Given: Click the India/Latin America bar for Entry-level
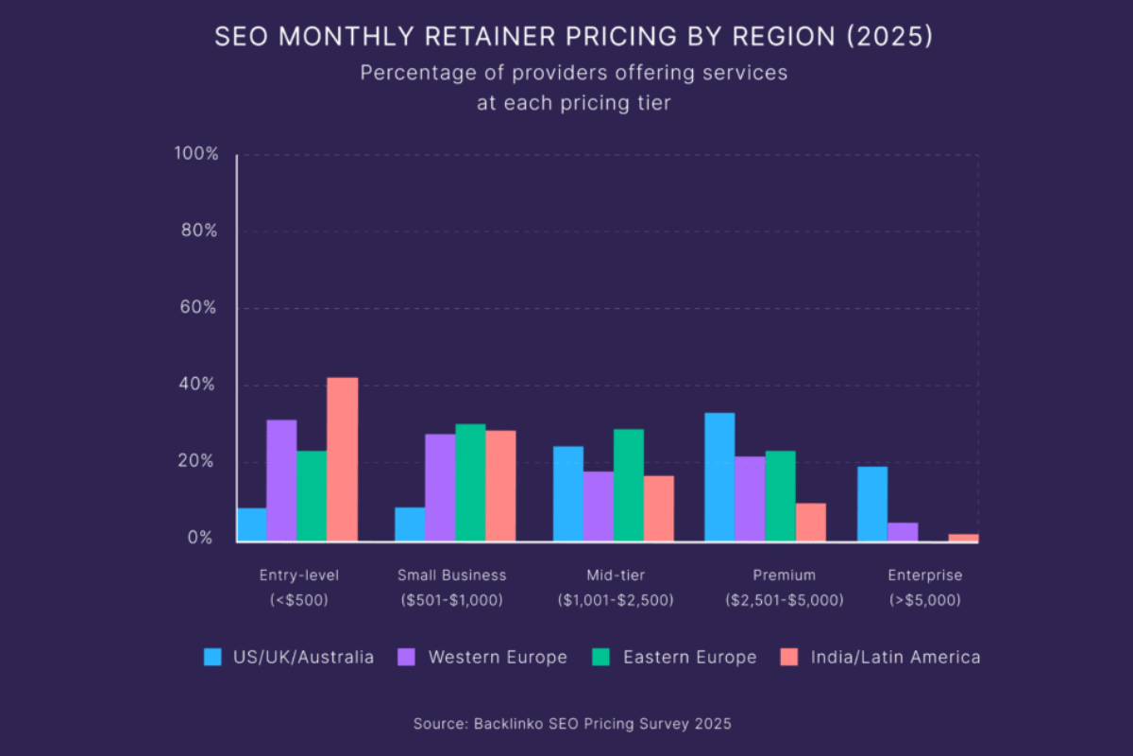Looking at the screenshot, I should pyautogui.click(x=342, y=459).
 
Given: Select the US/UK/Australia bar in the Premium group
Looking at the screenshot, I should pyautogui.click(x=719, y=476).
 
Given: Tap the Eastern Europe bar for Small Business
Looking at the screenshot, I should pyautogui.click(x=470, y=482).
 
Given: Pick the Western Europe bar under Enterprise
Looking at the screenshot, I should pyautogui.click(x=903, y=532).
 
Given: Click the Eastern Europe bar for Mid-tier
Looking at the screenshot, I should pyautogui.click(x=629, y=485).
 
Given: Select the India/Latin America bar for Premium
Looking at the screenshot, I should pyautogui.click(x=810, y=522).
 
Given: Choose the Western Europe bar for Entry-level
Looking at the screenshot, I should pyautogui.click(x=281, y=480).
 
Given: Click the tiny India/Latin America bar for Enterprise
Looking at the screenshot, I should pyautogui.click(x=963, y=538).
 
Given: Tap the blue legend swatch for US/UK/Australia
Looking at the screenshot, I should pyautogui.click(x=213, y=657).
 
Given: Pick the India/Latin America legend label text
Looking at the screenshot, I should pyautogui.click(x=895, y=657).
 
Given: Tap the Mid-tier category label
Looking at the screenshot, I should pyautogui.click(x=614, y=575).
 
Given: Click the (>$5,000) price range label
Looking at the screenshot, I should pyautogui.click(x=924, y=600).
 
